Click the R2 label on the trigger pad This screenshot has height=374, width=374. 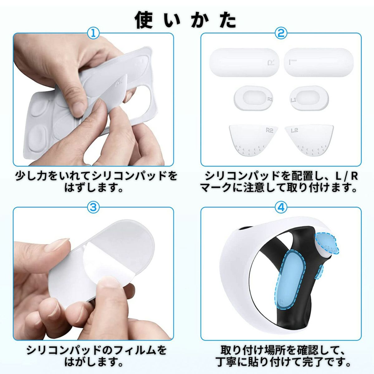click(x=269, y=130)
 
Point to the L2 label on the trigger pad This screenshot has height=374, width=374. click(x=295, y=130)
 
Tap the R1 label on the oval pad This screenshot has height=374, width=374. click(x=270, y=99)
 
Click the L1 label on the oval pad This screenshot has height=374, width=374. click(x=293, y=100)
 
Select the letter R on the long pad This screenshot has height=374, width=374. click(x=271, y=63)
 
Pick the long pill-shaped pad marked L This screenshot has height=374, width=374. click(x=319, y=62)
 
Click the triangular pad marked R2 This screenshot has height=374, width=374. click(x=253, y=140)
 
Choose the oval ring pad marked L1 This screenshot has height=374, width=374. click(x=309, y=98)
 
